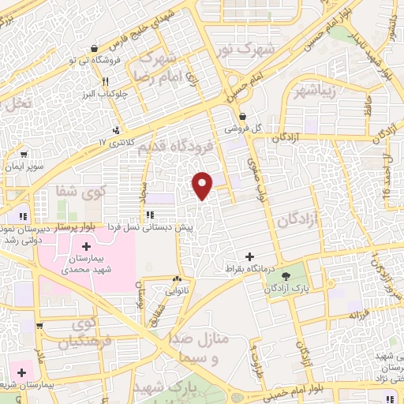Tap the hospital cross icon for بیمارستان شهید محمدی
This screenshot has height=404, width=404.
(x=86, y=248)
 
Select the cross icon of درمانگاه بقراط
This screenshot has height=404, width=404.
(x=250, y=256)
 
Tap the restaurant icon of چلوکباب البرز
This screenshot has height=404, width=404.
(x=104, y=81)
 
